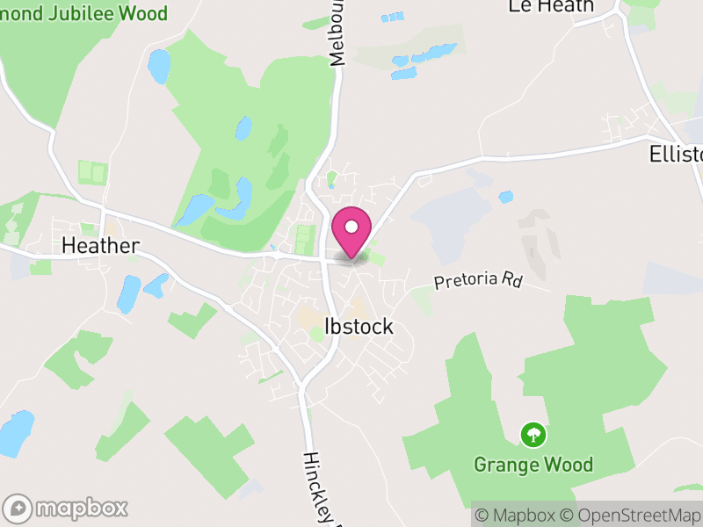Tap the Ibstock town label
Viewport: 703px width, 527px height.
pos(359,327)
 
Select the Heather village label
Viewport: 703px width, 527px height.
pos(100,246)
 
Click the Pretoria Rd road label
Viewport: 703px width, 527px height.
pos(477,280)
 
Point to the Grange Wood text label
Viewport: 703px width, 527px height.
pos(533,464)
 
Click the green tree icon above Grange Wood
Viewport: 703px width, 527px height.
pos(532,433)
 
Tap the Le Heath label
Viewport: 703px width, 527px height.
pos(551,6)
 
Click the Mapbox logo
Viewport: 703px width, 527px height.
pos(66,508)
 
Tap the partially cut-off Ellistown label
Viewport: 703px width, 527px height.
pos(676,155)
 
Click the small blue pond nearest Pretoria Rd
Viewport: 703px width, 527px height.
pos(504,197)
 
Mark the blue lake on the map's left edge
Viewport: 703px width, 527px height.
pos(15,432)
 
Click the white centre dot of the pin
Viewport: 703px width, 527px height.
pos(351,227)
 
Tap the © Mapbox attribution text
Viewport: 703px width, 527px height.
pos(518,515)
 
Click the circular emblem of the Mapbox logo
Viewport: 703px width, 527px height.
pos(18,508)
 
